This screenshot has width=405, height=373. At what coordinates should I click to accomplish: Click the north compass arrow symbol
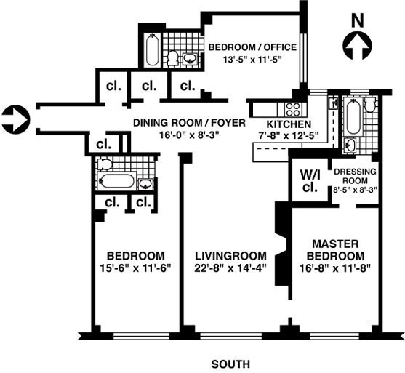pyautogui.click(x=357, y=46)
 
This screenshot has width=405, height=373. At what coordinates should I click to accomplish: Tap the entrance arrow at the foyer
pyautogui.click(x=16, y=119)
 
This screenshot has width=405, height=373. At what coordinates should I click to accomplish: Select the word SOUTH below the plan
pyautogui.click(x=230, y=364)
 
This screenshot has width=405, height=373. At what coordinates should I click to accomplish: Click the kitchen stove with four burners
pyautogui.click(x=294, y=109)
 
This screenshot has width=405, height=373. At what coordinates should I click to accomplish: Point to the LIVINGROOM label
pyautogui.click(x=230, y=256)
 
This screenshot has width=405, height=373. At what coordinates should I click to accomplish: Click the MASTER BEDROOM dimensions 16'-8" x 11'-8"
pyautogui.click(x=335, y=268)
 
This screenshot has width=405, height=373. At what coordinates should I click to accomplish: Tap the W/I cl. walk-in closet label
pyautogui.click(x=310, y=181)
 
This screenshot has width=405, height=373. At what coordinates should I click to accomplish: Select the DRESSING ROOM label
pyautogui.click(x=355, y=176)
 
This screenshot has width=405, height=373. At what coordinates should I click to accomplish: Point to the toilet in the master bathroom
pyautogui.click(x=370, y=105)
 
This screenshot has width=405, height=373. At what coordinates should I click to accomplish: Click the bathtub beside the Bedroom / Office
pyautogui.click(x=152, y=49)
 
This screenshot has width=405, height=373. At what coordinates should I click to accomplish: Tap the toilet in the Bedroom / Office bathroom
pyautogui.click(x=172, y=58)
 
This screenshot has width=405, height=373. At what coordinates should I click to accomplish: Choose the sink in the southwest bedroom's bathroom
pyautogui.click(x=145, y=184)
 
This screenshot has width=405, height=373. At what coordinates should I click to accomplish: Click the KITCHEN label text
pyautogui.click(x=289, y=124)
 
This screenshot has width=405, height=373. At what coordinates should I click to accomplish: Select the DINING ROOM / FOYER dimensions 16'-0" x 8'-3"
pyautogui.click(x=189, y=135)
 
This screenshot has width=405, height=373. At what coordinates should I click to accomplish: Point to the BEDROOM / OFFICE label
pyautogui.click(x=252, y=47)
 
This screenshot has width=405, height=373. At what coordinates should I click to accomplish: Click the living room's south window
pyautogui.click(x=231, y=336)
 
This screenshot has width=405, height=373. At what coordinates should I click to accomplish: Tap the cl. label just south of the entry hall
pyautogui.click(x=103, y=145)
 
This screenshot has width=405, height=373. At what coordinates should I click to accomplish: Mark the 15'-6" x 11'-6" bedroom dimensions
pyautogui.click(x=135, y=268)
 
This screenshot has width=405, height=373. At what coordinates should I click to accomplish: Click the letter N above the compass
pyautogui.click(x=358, y=20)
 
